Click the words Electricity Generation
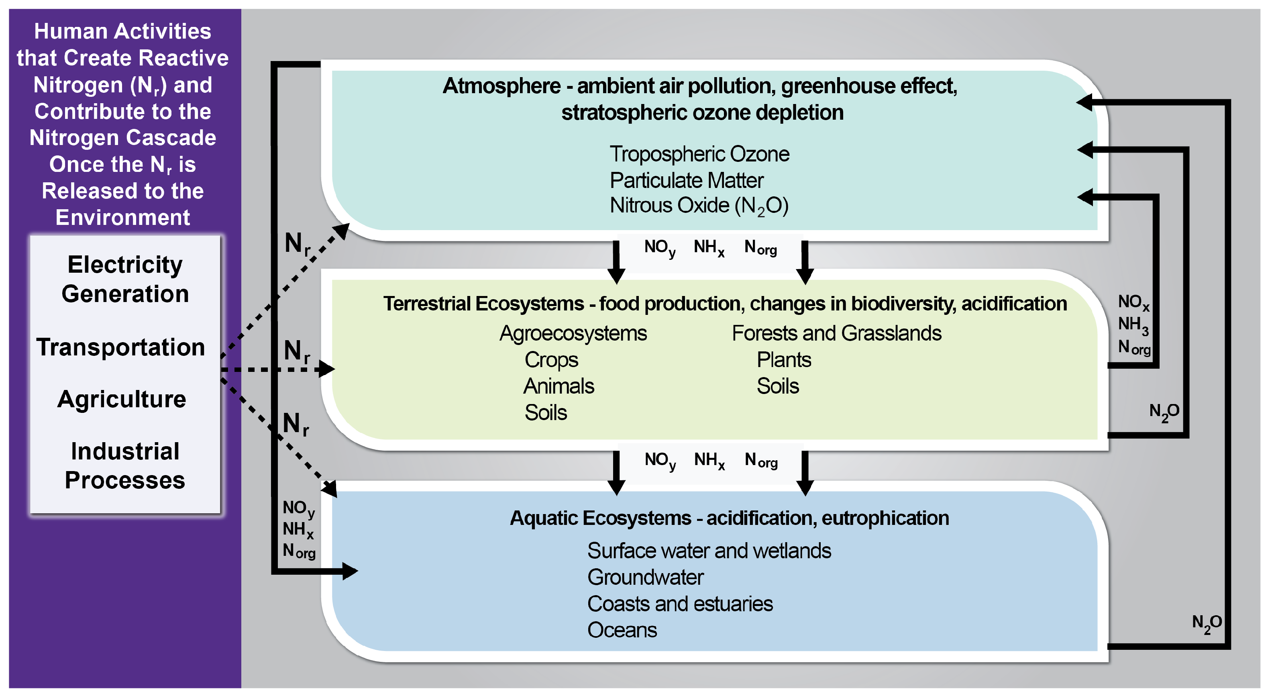tap(125, 279)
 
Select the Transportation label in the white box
tap(120, 347)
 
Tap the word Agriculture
tap(122, 399)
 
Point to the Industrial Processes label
tap(125, 465)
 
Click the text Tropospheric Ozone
tap(699, 154)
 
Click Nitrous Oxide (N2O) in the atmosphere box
tap(699, 206)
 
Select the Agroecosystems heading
tap(573, 333)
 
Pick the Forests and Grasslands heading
tap(836, 333)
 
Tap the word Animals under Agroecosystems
tap(559, 386)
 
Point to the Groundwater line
tap(645, 578)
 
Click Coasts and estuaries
tap(680, 604)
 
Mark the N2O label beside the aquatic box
tap(1206, 622)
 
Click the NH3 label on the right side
tap(1133, 325)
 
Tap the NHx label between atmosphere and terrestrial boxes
tap(709, 247)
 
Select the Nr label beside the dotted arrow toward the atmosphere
tap(297, 243)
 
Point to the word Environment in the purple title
tap(122, 217)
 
